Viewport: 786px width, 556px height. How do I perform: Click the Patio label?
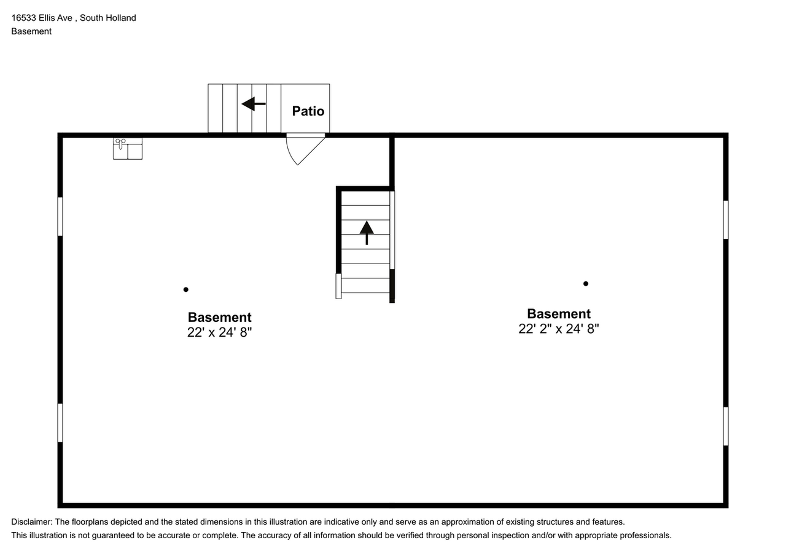pos(308,111)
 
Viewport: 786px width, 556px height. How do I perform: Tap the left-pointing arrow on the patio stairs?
pos(253,104)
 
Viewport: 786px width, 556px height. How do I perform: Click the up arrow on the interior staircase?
pos(367,232)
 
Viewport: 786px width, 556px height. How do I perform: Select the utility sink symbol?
pos(128,149)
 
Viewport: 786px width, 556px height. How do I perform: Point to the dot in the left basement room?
pos(186,289)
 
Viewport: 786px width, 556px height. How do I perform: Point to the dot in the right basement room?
pos(586,283)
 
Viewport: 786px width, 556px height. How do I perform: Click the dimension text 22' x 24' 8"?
pos(219,332)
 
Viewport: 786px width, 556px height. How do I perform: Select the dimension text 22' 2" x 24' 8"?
pos(558,329)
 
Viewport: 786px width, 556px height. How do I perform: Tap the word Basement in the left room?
pos(219,317)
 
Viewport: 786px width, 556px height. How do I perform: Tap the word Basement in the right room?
pos(558,313)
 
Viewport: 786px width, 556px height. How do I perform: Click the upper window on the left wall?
pos(60,216)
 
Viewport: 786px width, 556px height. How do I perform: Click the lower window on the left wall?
pos(60,423)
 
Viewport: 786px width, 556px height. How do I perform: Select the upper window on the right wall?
pos(725,219)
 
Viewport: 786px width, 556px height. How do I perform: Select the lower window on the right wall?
pos(725,426)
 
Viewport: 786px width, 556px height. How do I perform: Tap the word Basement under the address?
pos(31,31)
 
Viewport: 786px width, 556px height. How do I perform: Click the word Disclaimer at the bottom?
pos(31,522)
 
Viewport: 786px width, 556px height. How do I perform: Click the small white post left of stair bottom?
pos(338,286)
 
